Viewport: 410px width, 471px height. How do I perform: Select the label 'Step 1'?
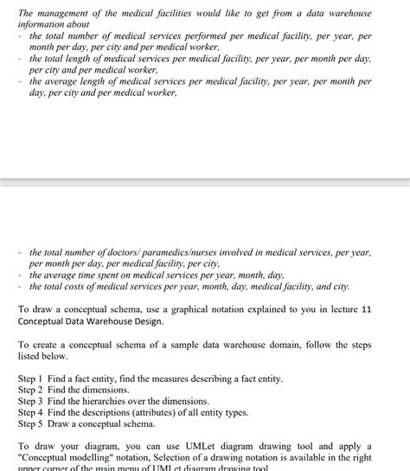tap(29, 379)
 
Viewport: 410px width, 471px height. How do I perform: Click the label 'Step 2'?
tap(29, 391)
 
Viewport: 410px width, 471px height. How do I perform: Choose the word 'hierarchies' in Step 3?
tap(112, 402)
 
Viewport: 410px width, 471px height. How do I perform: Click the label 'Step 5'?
tap(29, 424)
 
